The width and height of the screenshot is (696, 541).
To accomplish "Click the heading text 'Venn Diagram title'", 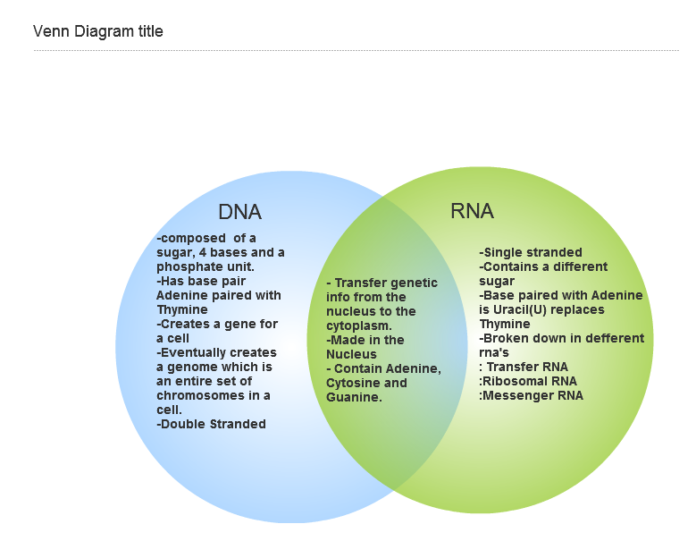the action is tap(98, 31).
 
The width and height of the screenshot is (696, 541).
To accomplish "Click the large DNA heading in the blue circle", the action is tap(239, 212).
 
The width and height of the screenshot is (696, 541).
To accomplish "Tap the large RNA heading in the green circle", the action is tap(472, 211).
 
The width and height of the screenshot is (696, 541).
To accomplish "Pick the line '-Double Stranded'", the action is tap(211, 424).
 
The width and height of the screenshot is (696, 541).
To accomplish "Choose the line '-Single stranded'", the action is tap(531, 252).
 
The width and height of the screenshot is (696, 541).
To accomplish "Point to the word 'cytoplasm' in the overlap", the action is tap(357, 326).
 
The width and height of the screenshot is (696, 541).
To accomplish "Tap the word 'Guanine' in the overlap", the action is tap(352, 397).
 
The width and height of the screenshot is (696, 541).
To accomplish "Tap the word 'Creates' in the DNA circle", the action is tap(185, 325).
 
